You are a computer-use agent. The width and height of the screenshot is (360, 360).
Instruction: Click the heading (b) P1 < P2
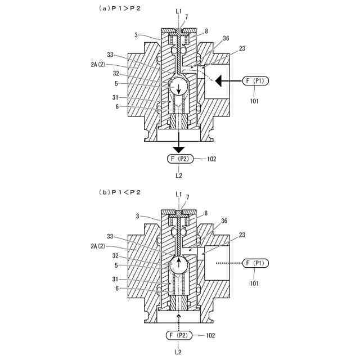pos(119,192)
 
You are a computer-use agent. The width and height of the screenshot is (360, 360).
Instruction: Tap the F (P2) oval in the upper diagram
pos(179,159)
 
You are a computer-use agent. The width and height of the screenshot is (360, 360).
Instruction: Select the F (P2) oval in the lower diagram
pos(179,336)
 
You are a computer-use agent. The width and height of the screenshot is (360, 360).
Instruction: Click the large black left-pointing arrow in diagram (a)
pos(228,81)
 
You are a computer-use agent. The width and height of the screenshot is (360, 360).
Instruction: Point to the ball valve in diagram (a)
pos(178,87)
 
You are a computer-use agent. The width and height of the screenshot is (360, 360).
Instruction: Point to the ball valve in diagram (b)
pos(178,266)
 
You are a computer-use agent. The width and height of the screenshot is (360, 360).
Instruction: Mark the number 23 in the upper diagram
pos(241,49)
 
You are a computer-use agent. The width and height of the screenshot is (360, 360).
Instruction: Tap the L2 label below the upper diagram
pos(179,175)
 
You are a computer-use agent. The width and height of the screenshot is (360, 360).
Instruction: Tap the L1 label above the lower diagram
pos(178,195)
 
